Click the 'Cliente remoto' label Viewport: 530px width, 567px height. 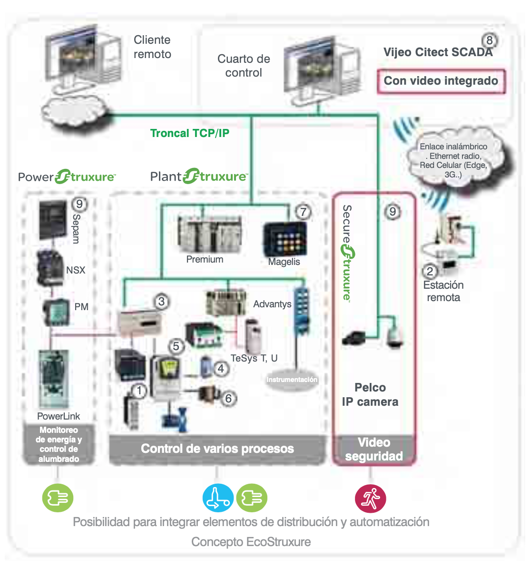pyautogui.click(x=152, y=47)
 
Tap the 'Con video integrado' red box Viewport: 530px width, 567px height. pyautogui.click(x=441, y=81)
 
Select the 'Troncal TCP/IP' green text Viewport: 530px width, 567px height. pyautogui.click(x=190, y=133)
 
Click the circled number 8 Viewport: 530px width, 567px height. pyautogui.click(x=490, y=40)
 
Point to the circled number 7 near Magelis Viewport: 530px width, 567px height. pyautogui.click(x=304, y=211)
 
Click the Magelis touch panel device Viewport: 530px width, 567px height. pyautogui.click(x=285, y=238)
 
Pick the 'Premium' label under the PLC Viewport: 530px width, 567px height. pyautogui.click(x=205, y=259)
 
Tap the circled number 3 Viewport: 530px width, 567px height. pyautogui.click(x=161, y=302)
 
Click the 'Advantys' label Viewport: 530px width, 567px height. pyautogui.click(x=272, y=304)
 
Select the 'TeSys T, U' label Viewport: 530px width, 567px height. pyautogui.click(x=254, y=358)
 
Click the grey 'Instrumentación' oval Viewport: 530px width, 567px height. pyautogui.click(x=292, y=380)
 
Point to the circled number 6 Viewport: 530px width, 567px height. pyautogui.click(x=228, y=398)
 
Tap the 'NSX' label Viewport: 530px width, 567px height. pyautogui.click(x=76, y=270)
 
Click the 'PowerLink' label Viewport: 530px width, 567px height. pyautogui.click(x=59, y=416)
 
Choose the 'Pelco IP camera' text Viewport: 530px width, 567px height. pyautogui.click(x=370, y=395)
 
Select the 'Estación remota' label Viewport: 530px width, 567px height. pyautogui.click(x=443, y=291)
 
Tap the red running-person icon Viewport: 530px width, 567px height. pyautogui.click(x=370, y=498)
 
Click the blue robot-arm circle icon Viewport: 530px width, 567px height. pyautogui.click(x=218, y=498)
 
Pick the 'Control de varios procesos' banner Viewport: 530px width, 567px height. pyautogui.click(x=217, y=449)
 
